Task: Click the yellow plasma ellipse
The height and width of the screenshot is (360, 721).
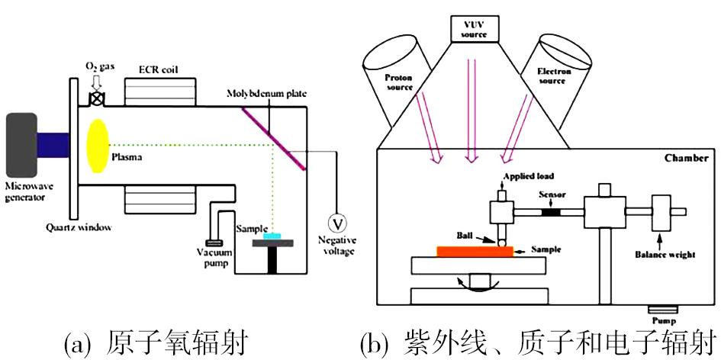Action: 98,145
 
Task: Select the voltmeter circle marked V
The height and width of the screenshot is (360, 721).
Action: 333,223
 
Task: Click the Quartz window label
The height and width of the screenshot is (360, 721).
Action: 80,227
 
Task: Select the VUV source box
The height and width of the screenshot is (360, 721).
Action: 471,30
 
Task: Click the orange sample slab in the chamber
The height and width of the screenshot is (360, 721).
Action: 474,252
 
